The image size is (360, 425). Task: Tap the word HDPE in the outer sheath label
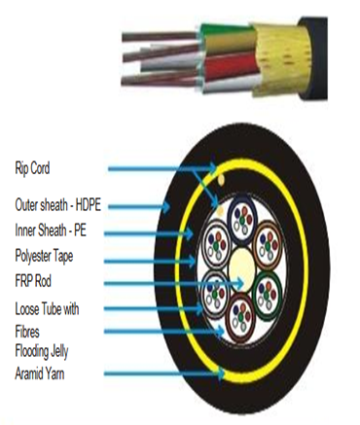point(84,205)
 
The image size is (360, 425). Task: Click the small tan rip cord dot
point(223,180)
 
